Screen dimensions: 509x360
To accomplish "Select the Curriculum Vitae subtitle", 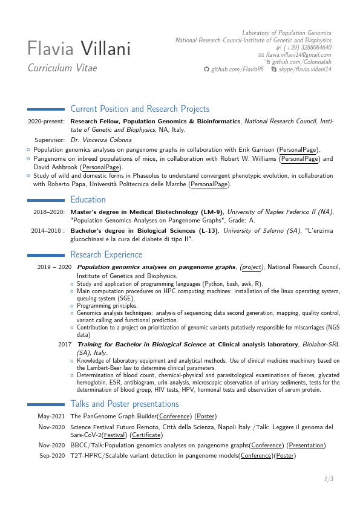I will pos(62,68).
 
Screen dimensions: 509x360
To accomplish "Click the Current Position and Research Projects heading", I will pos(140,109).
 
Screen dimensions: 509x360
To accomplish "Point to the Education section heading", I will pos(88,199).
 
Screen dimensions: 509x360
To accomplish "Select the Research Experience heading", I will pos(106,254).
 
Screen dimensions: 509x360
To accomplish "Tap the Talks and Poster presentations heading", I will pos(125,404).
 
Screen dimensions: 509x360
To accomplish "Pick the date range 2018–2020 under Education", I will pos(48,212).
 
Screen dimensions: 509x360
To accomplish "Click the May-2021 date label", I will pos(51,417).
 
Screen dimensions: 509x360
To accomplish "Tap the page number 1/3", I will pos(329,479).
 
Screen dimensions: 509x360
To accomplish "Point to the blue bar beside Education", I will pos(46,200).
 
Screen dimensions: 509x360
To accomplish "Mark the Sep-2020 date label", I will pos(52,456).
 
